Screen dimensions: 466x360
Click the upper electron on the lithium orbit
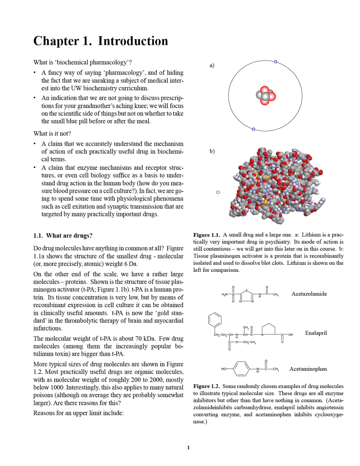tap(276, 62)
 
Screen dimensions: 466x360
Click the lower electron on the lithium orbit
tap(253, 129)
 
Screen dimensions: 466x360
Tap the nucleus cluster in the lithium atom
tap(265, 95)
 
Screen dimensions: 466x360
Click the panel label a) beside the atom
tap(212, 65)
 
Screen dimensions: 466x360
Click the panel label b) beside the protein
tap(212, 151)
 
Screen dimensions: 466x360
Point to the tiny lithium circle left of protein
tap(218, 192)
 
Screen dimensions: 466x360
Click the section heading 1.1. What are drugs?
tap(63, 235)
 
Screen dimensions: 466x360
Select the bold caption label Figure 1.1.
tap(206, 235)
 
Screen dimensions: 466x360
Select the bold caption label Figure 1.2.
tap(206, 386)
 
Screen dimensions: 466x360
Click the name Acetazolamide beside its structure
tap(309, 294)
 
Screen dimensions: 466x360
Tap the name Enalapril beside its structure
tap(316, 333)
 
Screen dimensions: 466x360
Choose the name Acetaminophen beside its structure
tap(308, 369)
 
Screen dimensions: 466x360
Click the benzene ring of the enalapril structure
tap(215, 320)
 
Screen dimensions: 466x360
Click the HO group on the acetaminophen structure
tap(224, 369)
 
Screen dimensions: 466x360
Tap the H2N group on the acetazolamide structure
tap(224, 294)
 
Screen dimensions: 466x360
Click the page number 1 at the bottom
tap(188, 448)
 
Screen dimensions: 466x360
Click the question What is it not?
tap(52, 133)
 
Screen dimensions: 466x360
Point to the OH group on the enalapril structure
tap(290, 335)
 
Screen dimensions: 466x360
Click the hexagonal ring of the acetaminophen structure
tap(241, 369)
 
